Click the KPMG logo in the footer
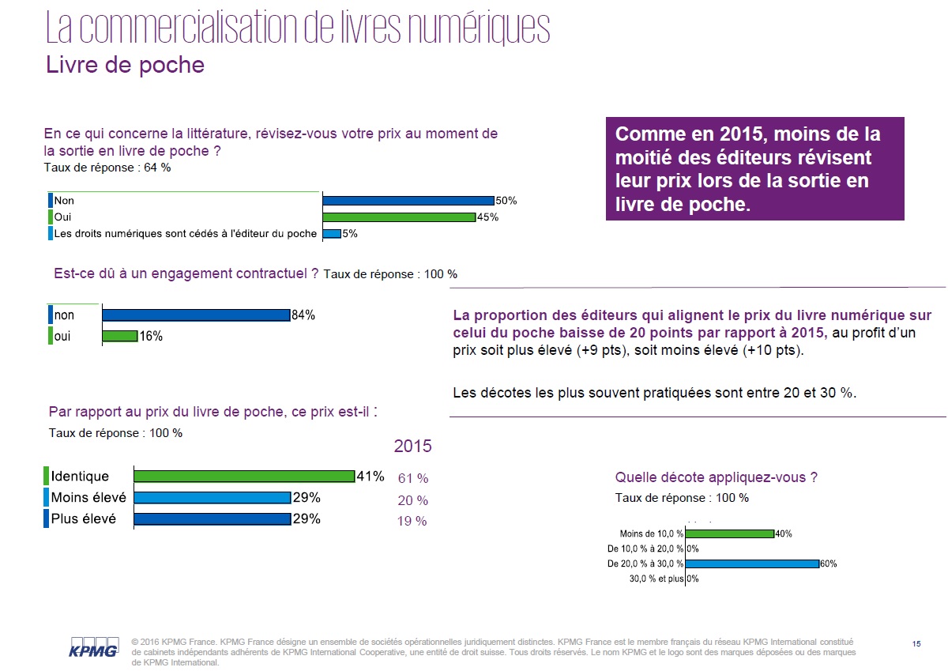(93, 647)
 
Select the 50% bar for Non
(408, 201)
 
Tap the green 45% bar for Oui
(398, 217)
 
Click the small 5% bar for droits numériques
(331, 233)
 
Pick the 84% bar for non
(196, 315)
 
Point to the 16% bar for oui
(120, 336)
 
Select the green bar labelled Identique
(243, 477)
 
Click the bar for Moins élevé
(212, 498)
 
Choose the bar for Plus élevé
(212, 519)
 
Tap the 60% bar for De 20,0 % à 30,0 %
(751, 564)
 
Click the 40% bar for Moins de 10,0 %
(729, 533)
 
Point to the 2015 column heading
(412, 447)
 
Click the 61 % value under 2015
(412, 478)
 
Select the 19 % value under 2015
(412, 521)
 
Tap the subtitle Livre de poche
(125, 65)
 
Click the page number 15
(916, 644)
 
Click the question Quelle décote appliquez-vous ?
(716, 477)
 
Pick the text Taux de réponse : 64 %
(107, 168)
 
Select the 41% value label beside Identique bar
(371, 477)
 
